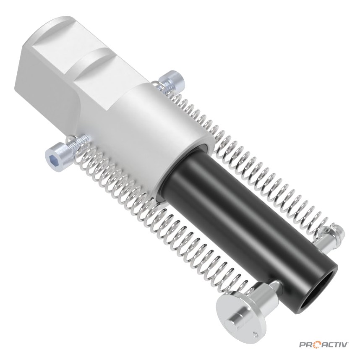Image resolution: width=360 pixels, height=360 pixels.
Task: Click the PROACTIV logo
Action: (x=324, y=344)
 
